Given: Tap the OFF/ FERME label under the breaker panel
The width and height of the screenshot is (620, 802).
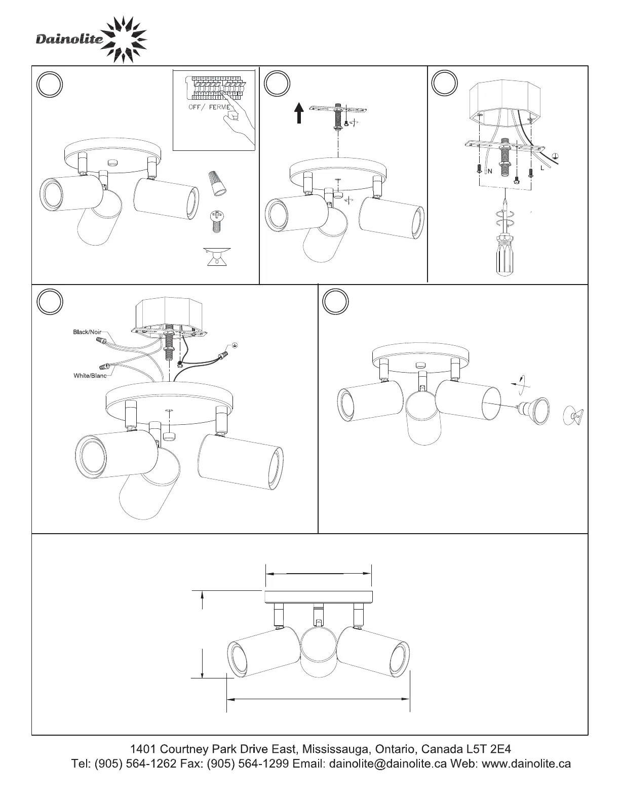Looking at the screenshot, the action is pos(209,107).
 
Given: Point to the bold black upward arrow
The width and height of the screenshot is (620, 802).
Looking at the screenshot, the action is pos(299,113).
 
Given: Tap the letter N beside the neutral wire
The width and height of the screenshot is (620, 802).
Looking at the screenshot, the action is pos(490,171).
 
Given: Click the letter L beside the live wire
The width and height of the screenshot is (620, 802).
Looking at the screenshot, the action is pos(542,168).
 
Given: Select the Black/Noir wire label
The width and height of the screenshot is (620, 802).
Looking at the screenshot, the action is pos(87,332).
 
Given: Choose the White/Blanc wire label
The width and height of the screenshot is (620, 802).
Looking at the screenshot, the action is pos(90,375).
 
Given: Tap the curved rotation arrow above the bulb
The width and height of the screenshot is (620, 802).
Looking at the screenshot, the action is pos(520,383).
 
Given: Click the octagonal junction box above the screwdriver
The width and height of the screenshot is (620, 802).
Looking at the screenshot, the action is pos(505,102).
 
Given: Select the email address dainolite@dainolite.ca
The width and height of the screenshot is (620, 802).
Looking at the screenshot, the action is pos(387,763).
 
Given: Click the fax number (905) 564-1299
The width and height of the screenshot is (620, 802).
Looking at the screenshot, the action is pos(247,763).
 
